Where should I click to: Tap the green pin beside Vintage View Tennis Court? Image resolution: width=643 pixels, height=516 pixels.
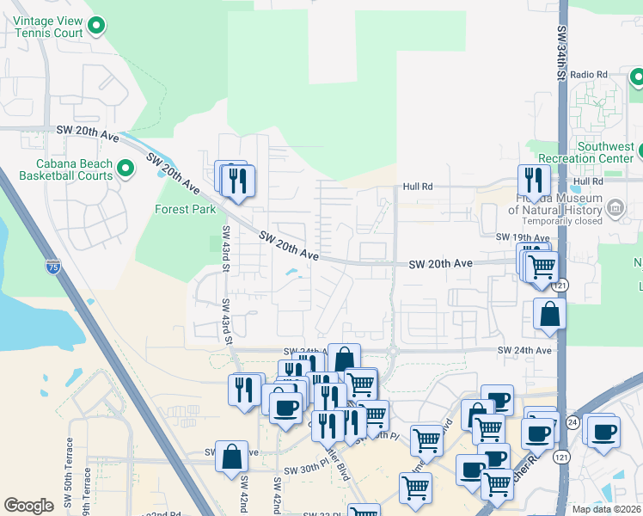97,28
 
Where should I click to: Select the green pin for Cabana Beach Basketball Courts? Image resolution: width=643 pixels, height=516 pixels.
126,169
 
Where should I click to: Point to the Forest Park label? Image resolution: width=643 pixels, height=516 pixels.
185,209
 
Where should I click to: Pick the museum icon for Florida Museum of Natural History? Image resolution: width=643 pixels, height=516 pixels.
615,208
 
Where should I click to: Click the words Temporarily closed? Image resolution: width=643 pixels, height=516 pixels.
555,220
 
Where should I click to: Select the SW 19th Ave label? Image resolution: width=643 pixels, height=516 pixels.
522,236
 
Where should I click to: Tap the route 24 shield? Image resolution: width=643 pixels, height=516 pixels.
573,422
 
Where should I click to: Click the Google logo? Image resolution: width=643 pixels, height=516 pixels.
29,506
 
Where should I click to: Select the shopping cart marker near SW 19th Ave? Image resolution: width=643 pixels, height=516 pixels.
542,267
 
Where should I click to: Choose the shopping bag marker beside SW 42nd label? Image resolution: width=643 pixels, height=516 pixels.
231,457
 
